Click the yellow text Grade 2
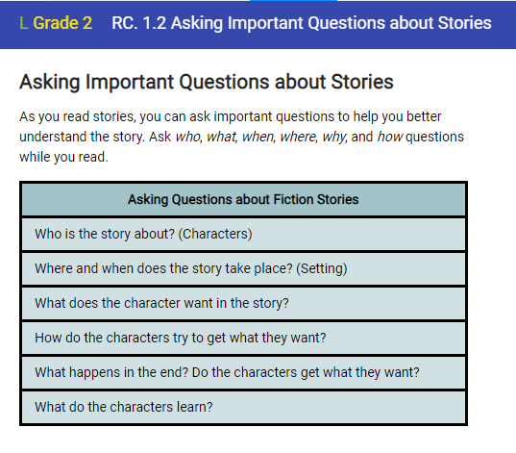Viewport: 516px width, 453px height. click(62, 23)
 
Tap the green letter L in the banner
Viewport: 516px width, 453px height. click(23, 23)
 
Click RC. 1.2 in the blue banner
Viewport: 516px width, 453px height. click(139, 23)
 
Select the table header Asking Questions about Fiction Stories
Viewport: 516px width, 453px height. click(243, 200)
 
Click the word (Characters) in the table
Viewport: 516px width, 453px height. click(215, 235)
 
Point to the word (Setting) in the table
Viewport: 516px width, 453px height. click(322, 269)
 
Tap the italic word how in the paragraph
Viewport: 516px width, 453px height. click(389, 137)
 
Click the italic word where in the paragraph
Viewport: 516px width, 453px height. click(299, 137)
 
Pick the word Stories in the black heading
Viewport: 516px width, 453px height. click(362, 82)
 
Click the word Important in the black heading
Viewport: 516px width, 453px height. click(130, 82)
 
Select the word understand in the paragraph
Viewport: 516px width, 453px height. click(53, 137)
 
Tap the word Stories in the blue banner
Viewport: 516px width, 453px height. click(465, 23)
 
